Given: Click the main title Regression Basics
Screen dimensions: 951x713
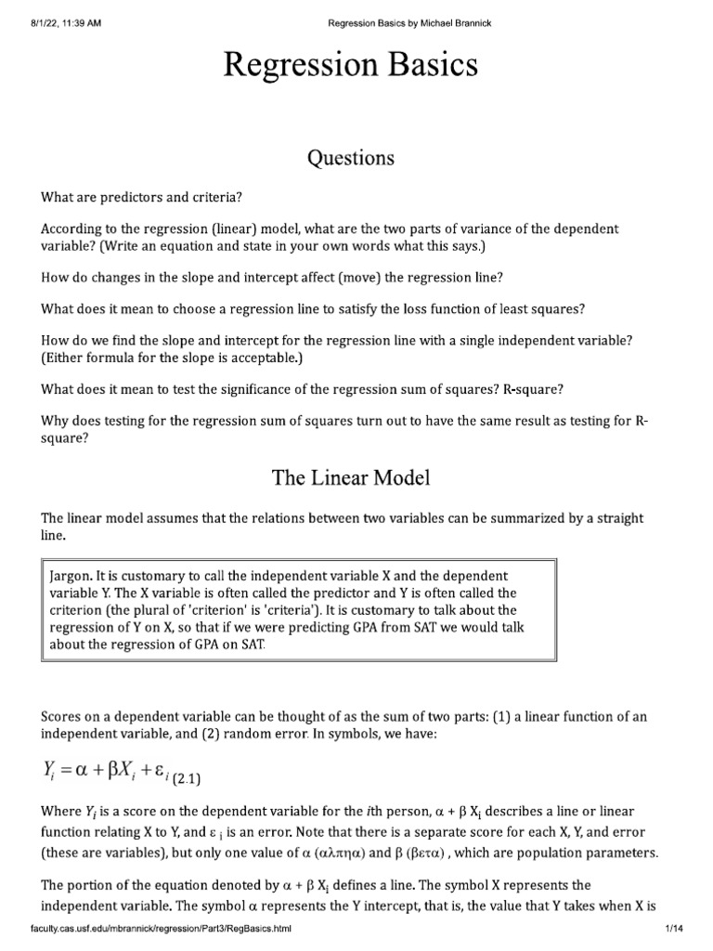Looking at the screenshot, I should (x=351, y=66).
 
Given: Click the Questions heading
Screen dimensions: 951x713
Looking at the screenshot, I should (x=351, y=158).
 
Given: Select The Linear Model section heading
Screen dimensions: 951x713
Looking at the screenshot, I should (x=351, y=478).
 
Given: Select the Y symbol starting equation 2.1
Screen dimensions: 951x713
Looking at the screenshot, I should (x=49, y=772).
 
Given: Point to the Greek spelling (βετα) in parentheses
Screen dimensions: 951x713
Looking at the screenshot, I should (x=561, y=853).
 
